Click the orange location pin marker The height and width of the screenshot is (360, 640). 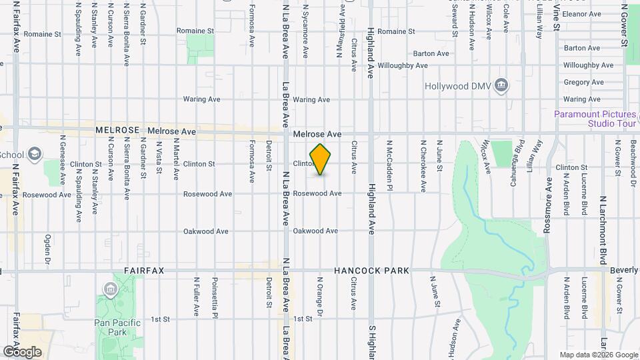click(x=321, y=159)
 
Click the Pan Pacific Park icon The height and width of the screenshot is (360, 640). click(x=109, y=289)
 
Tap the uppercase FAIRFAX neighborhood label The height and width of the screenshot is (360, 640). click(x=144, y=271)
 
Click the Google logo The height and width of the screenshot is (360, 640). click(x=22, y=351)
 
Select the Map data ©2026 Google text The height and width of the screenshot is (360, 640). click(x=598, y=355)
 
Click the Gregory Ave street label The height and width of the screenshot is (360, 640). click(x=583, y=83)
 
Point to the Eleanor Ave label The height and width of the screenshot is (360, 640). click(x=583, y=13)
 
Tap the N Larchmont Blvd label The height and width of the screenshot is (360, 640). click(x=603, y=229)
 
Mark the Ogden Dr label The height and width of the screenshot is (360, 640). click(x=48, y=245)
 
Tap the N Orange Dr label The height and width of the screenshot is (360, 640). click(x=320, y=297)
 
